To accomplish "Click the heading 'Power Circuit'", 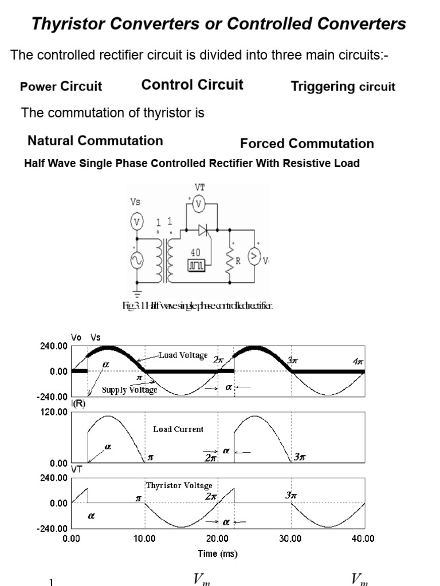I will tap(61, 86).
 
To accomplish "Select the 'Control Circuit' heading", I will tap(192, 85).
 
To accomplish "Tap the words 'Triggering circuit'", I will tap(343, 86).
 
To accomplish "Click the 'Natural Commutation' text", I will tap(95, 141).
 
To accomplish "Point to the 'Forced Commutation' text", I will tap(307, 144).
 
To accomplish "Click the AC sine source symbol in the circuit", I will tap(137, 261).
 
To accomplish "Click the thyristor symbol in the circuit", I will tap(203, 230).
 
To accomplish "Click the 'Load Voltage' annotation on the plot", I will tap(183, 355).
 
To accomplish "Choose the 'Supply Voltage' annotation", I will tap(129, 390).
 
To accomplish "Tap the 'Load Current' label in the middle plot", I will tap(178, 429).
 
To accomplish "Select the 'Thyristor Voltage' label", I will tap(179, 485).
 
